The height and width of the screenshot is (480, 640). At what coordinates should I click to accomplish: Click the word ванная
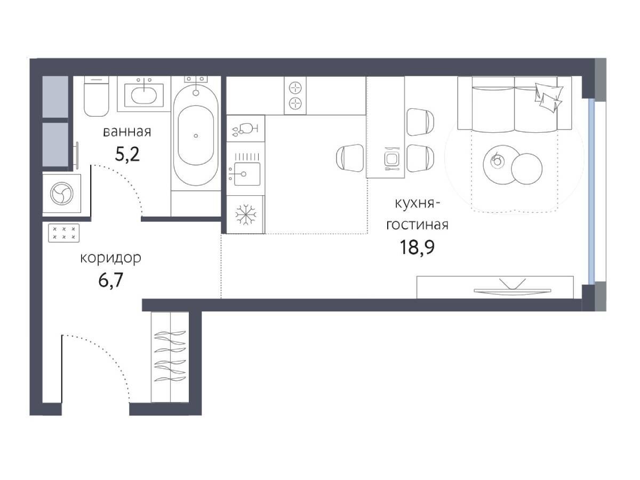pyautogui.click(x=127, y=132)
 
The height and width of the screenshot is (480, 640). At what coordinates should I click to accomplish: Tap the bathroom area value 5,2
pyautogui.click(x=127, y=155)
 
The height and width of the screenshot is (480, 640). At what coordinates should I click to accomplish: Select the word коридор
pyautogui.click(x=111, y=258)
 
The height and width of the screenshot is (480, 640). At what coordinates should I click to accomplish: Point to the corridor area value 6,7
pyautogui.click(x=111, y=280)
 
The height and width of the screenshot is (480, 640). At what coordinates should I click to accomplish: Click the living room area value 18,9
pyautogui.click(x=417, y=247)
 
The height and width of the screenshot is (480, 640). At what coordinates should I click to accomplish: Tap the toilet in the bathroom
pyautogui.click(x=96, y=96)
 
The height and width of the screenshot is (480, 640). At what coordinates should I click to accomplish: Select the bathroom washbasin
pyautogui.click(x=144, y=95)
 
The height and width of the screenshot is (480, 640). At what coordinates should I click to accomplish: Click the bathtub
pyautogui.click(x=196, y=134)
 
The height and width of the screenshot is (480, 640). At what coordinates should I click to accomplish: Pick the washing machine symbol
pyautogui.click(x=62, y=194)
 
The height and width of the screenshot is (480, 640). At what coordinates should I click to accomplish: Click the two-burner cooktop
pyautogui.click(x=295, y=95)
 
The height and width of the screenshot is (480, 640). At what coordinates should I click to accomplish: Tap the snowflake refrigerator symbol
pyautogui.click(x=245, y=215)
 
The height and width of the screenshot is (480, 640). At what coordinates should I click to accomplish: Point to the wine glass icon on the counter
pyautogui.click(x=245, y=129)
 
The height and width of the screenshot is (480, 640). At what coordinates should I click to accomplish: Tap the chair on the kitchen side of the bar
pyautogui.click(x=350, y=158)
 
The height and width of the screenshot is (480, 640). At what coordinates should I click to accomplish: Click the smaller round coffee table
pyautogui.click(x=526, y=169)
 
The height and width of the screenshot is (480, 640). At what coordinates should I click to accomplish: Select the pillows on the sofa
pyautogui.click(x=548, y=97)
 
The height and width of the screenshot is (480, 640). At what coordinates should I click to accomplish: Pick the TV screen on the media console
pyautogui.click(x=513, y=291)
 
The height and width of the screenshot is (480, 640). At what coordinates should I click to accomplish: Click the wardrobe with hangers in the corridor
pyautogui.click(x=170, y=357)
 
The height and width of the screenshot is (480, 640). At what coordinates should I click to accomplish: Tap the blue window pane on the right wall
pyautogui.click(x=591, y=191)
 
